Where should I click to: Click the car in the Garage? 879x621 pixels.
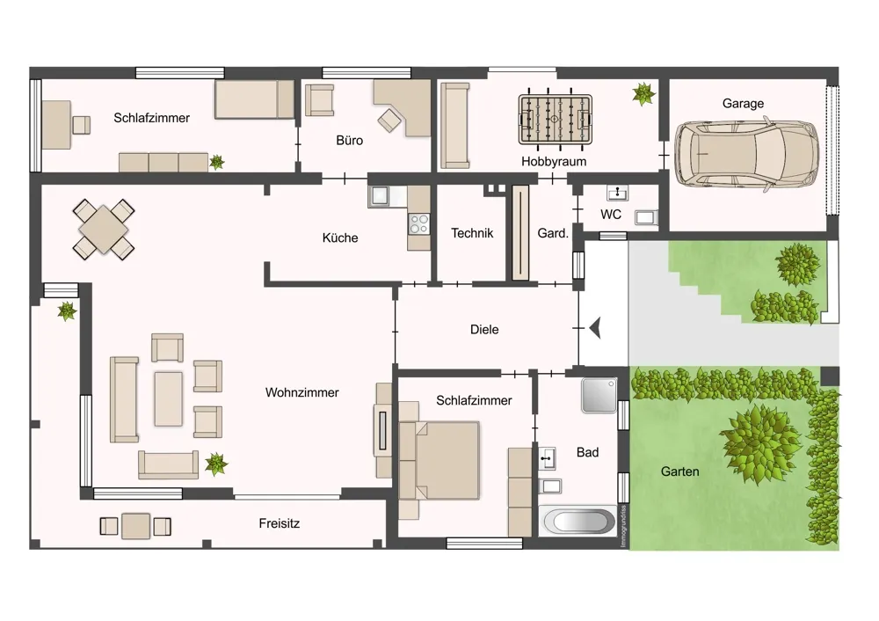[x=746, y=154]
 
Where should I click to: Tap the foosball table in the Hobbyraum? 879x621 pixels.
[x=555, y=120]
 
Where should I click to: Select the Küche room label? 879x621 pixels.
[x=339, y=237]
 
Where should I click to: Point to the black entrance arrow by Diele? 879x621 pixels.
[x=595, y=327]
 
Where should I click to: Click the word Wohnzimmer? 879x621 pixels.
[x=302, y=392]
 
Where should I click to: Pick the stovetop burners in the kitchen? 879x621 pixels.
[x=418, y=223]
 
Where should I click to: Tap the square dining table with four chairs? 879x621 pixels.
[x=104, y=230]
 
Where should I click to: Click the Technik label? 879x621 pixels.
[x=472, y=233]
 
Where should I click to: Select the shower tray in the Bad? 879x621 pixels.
[x=599, y=395]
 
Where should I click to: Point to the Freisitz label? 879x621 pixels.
[x=280, y=523]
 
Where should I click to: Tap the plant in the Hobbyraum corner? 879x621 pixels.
[x=643, y=94]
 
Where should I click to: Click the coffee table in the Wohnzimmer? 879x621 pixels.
[x=168, y=398]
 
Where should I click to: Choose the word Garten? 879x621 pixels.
[x=680, y=471]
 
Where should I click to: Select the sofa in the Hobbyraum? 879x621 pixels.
[x=454, y=126]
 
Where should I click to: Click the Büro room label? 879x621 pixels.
[x=349, y=140]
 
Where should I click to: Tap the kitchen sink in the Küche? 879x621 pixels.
[x=380, y=196]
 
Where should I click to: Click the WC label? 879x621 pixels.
[x=611, y=215]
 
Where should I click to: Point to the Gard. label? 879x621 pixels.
[x=553, y=233]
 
